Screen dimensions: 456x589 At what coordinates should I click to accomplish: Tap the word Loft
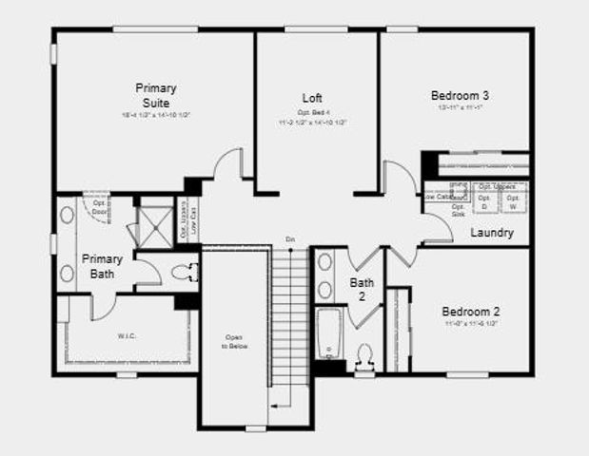pos(313,98)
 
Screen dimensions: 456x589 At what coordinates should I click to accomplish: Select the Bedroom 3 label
pos(461,95)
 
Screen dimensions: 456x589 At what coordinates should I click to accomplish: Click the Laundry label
pos(492,233)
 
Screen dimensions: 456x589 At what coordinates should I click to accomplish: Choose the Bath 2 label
pos(363,289)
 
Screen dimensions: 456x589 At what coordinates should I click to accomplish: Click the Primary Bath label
pos(101,266)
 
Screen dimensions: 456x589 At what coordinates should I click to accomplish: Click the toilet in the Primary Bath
pos(183,274)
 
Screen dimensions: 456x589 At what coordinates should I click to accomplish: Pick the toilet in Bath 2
pos(363,357)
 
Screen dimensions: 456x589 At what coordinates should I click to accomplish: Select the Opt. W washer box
pos(513,202)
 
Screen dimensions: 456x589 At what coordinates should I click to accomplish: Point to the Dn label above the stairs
pos(290,238)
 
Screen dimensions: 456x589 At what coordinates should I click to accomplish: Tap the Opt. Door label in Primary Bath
pos(97,206)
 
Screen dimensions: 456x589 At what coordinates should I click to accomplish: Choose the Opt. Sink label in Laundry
pos(458,211)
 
